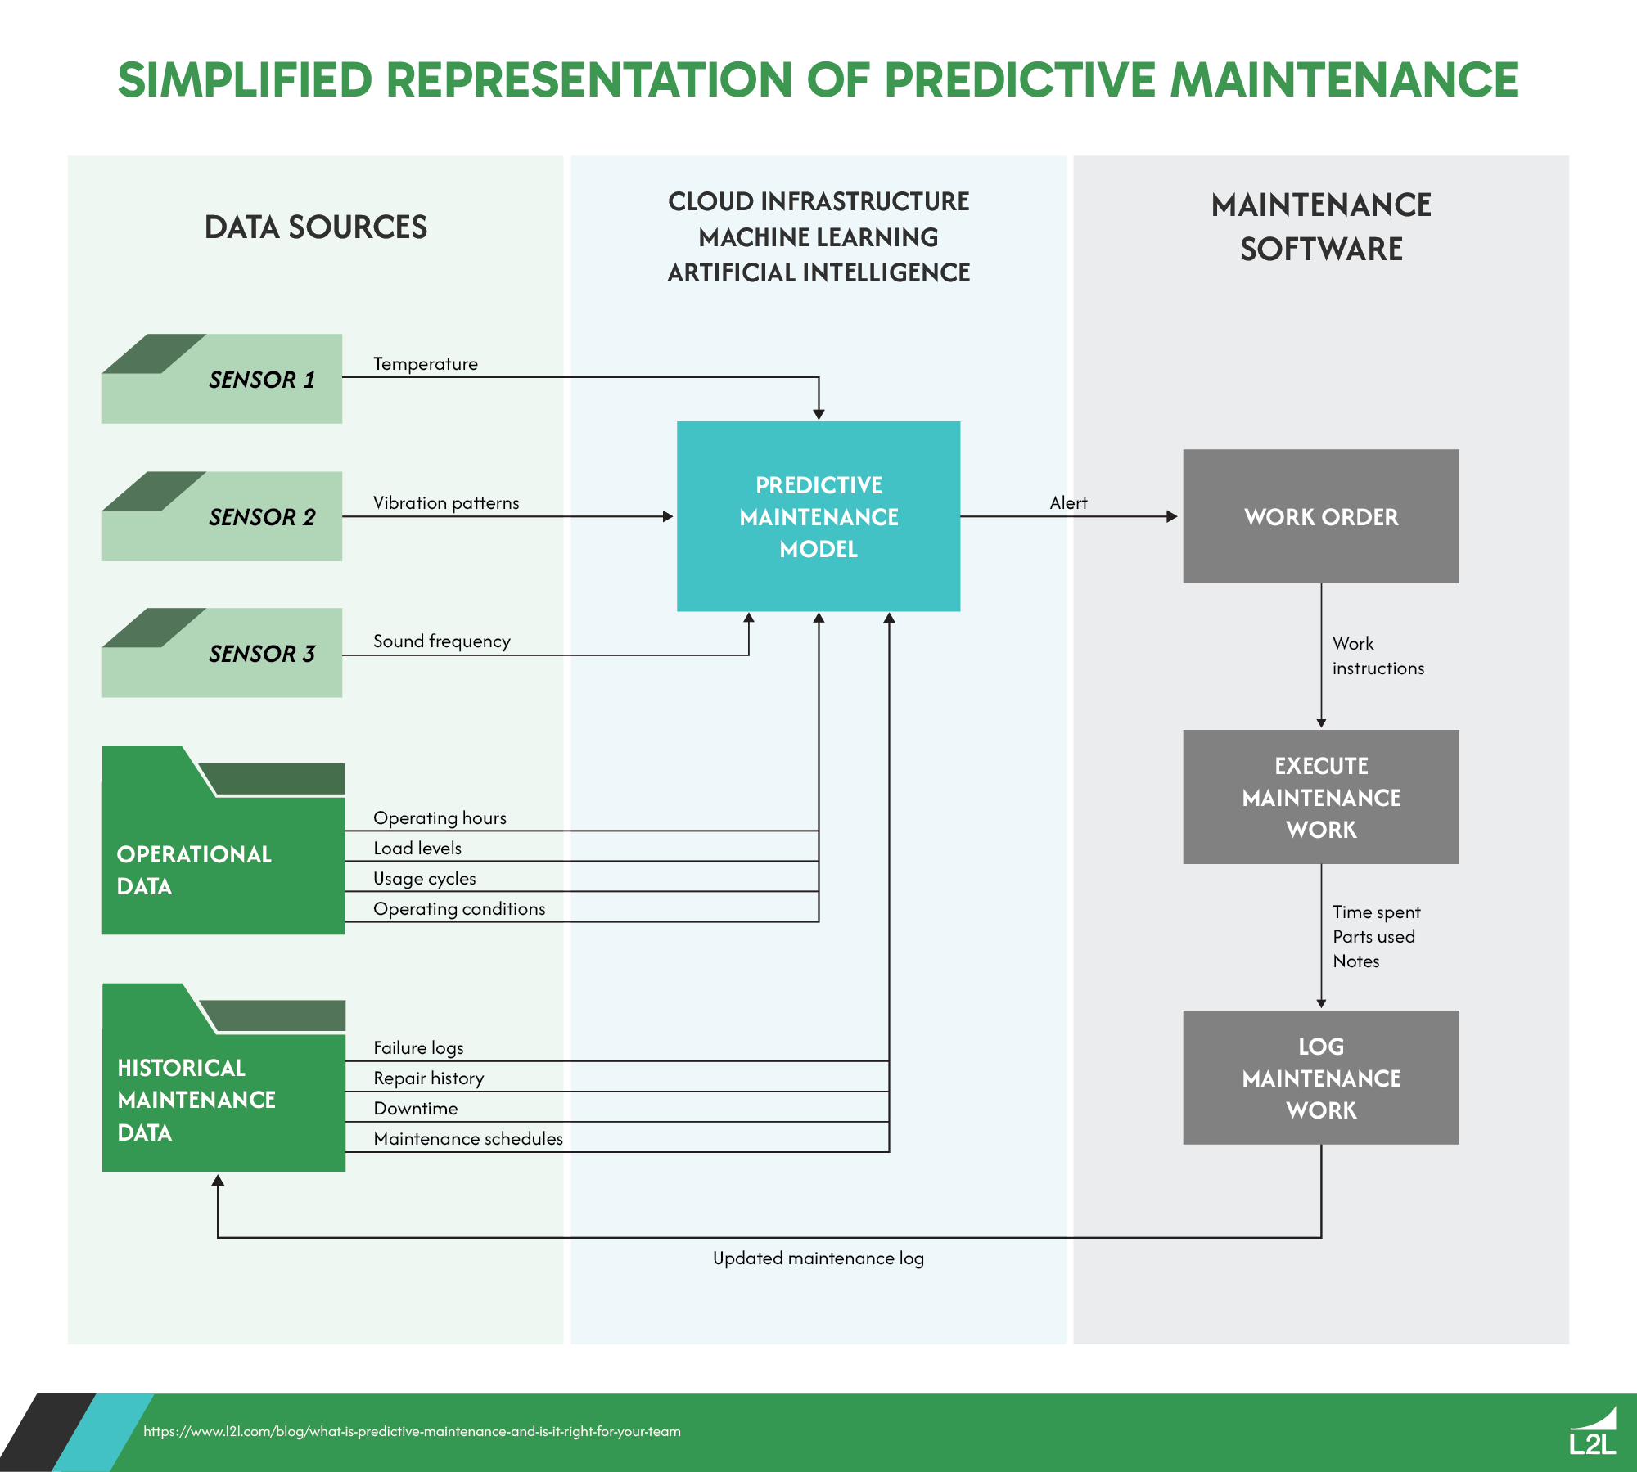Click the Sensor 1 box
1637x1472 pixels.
pyautogui.click(x=222, y=379)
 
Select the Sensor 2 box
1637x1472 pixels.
pyautogui.click(x=222, y=516)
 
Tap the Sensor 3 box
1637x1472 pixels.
pyautogui.click(x=222, y=653)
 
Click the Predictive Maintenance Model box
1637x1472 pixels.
pyautogui.click(x=818, y=516)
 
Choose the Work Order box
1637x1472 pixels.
pyautogui.click(x=1320, y=516)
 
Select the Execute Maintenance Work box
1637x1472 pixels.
pyautogui.click(x=1320, y=797)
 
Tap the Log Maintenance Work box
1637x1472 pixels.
pyautogui.click(x=1320, y=1078)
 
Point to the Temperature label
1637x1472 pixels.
pyautogui.click(x=426, y=364)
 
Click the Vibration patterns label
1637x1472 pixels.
pyautogui.click(x=446, y=503)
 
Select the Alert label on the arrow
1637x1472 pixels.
pyautogui.click(x=1068, y=503)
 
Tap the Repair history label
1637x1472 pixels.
pyautogui.click(x=428, y=1078)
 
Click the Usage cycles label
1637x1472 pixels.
pyautogui.click(x=424, y=879)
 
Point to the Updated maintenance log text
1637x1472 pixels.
pyautogui.click(x=818, y=1258)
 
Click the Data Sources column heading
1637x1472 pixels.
pyautogui.click(x=315, y=227)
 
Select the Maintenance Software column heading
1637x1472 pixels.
pyautogui.click(x=1320, y=227)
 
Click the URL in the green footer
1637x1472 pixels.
pyautogui.click(x=412, y=1432)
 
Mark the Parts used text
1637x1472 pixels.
pyautogui.click(x=1373, y=937)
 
